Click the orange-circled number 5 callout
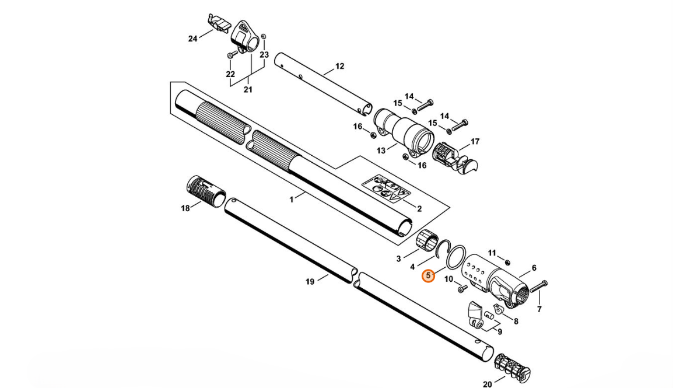(x=428, y=276)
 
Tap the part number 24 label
(x=192, y=39)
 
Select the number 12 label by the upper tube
(x=339, y=66)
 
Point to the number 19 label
(x=310, y=282)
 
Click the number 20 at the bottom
(x=487, y=384)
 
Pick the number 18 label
(x=185, y=209)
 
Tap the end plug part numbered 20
(x=513, y=369)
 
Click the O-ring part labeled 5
(x=456, y=256)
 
